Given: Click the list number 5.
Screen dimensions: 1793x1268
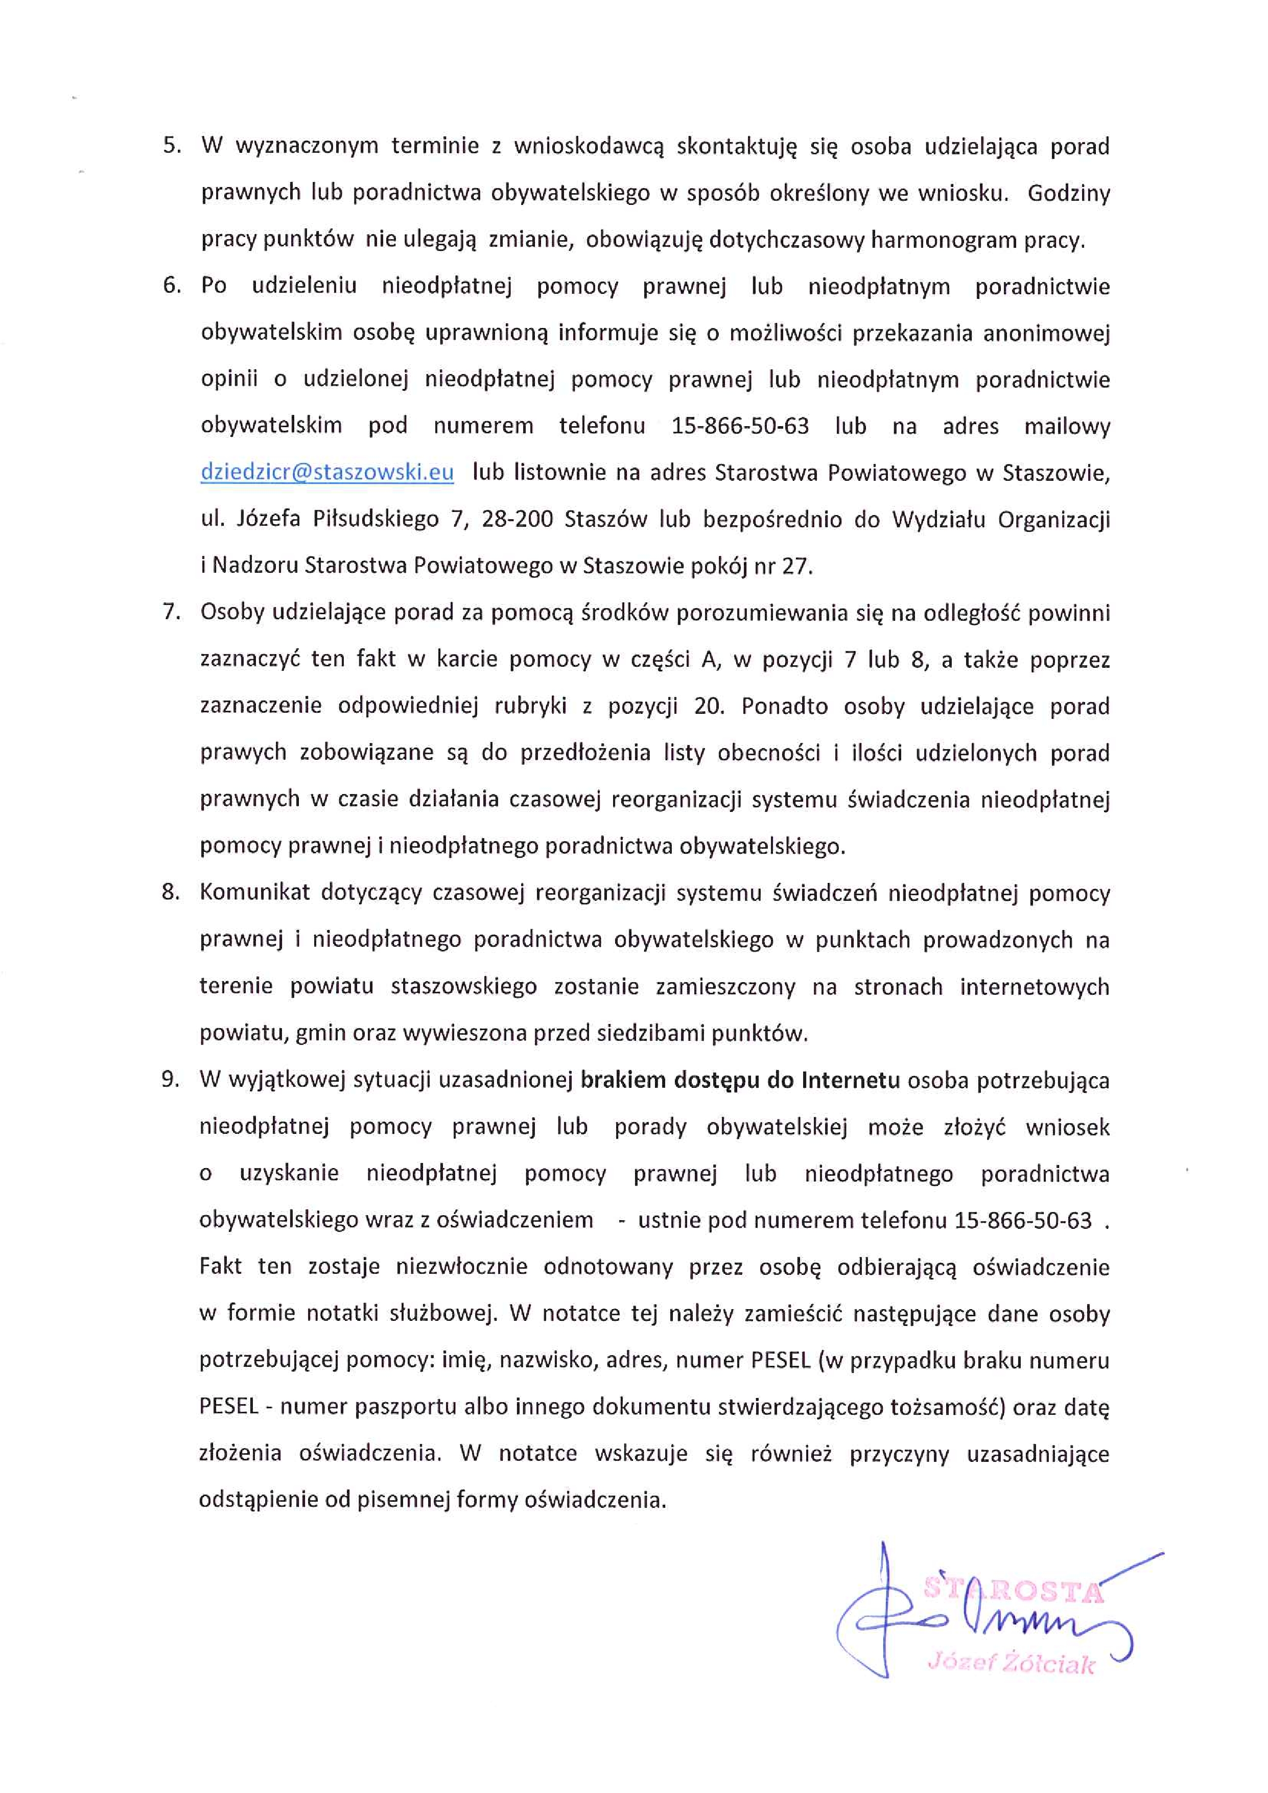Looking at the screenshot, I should click(x=171, y=146).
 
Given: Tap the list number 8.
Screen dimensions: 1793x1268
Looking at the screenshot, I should click(x=170, y=892).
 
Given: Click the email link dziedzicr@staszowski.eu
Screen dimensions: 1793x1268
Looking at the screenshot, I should click(x=326, y=473).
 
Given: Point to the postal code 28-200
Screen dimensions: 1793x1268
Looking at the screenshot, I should click(x=517, y=519).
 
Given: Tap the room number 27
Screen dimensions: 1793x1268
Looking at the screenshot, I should click(x=795, y=566).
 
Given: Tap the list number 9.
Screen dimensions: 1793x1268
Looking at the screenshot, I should click(x=170, y=1080).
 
